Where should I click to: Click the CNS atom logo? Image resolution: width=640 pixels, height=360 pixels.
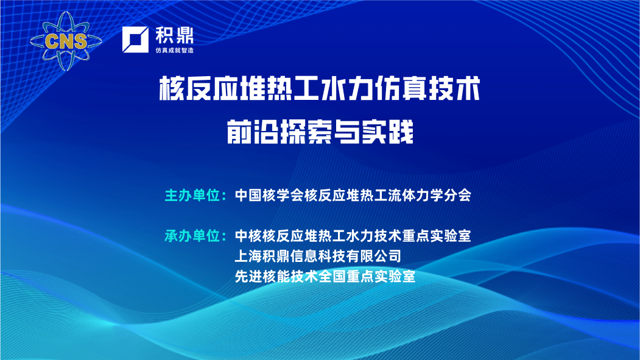click(66, 41)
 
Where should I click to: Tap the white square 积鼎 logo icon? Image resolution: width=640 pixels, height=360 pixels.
click(135, 40)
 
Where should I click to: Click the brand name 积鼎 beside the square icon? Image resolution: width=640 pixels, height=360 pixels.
click(174, 35)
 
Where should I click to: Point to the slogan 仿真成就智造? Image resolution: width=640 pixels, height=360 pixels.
click(174, 50)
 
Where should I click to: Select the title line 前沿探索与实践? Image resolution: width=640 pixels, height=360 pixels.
click(320, 132)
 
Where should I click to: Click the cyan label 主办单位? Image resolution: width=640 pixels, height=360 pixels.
click(192, 196)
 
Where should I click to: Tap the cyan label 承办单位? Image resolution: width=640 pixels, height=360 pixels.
click(192, 236)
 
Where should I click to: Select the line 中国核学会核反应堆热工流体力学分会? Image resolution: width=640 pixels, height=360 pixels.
click(353, 196)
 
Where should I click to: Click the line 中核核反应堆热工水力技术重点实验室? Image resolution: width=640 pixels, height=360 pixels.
click(353, 236)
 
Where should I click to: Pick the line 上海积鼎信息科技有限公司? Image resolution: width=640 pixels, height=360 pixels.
click(318, 256)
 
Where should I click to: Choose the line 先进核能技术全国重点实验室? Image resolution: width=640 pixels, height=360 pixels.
click(325, 277)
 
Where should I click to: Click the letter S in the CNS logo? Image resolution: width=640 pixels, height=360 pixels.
click(80, 41)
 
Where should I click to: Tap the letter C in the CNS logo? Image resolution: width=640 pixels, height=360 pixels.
click(52, 41)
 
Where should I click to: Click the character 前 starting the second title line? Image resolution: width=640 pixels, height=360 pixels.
click(239, 132)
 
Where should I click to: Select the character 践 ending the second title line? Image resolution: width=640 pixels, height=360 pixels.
click(401, 132)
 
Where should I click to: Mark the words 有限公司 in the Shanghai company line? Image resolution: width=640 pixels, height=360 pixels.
click(373, 256)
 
